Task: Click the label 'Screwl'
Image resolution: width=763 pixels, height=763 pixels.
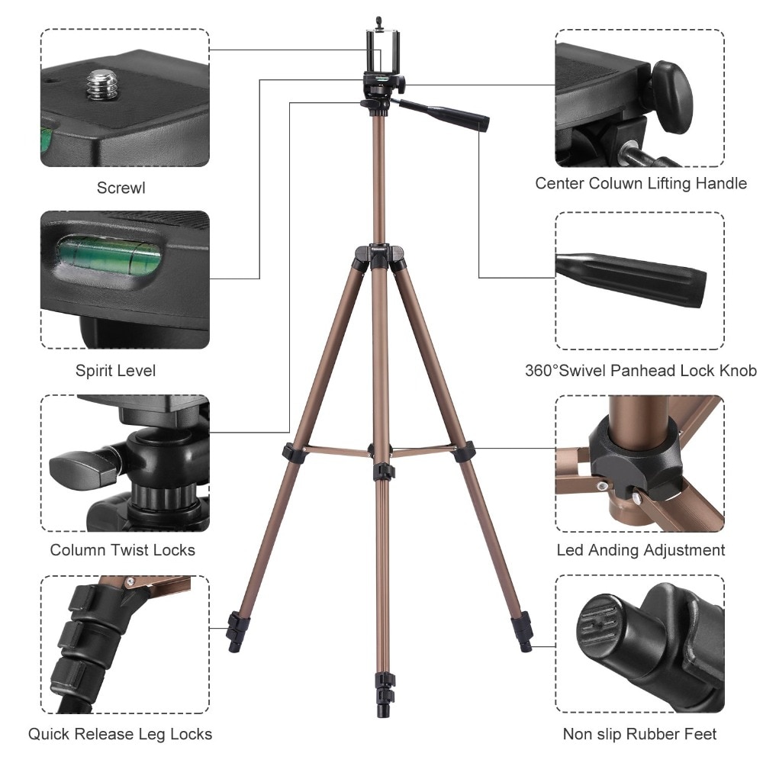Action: click(x=121, y=188)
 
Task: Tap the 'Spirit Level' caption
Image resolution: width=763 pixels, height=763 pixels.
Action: click(x=115, y=371)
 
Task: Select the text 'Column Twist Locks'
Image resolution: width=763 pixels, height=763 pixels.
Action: click(x=123, y=550)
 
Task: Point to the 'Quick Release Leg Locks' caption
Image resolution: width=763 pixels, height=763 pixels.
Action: click(x=121, y=734)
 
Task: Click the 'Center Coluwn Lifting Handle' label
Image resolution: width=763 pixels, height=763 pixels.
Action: click(x=641, y=183)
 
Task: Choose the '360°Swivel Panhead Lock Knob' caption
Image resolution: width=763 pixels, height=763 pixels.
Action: click(x=641, y=371)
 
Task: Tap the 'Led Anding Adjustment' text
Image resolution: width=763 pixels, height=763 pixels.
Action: click(x=641, y=550)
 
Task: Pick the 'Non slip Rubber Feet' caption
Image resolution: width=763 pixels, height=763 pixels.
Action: click(x=639, y=734)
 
